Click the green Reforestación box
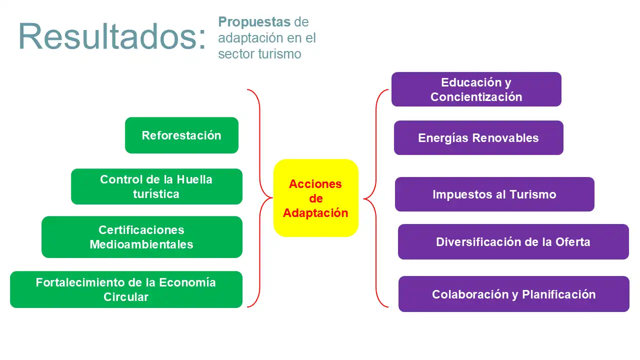pyautogui.click(x=181, y=135)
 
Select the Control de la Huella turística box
pyautogui.click(x=156, y=186)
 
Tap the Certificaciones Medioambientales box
pyautogui.click(x=141, y=237)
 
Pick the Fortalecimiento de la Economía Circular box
pyautogui.click(x=126, y=289)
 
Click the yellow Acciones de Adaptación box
pyautogui.click(x=316, y=198)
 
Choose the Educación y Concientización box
pyautogui.click(x=476, y=89)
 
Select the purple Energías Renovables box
pyautogui.click(x=478, y=138)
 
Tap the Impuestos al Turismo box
pyautogui.click(x=494, y=194)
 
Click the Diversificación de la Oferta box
pyautogui.click(x=513, y=242)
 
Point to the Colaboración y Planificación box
pyautogui.click(x=513, y=294)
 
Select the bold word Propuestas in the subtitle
pyautogui.click(x=254, y=22)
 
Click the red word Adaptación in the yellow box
pyautogui.click(x=315, y=213)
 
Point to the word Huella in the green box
pyautogui.click(x=194, y=179)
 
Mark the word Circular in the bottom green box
pyautogui.click(x=126, y=297)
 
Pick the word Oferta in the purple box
pyautogui.click(x=572, y=242)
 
